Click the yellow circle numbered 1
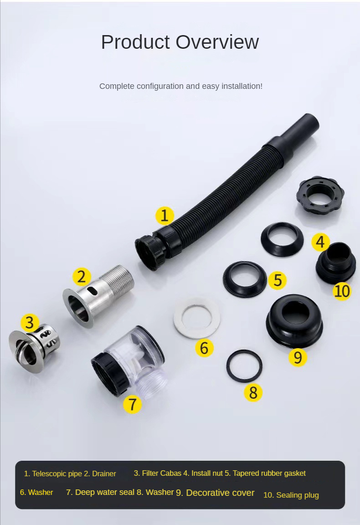coord(165,215)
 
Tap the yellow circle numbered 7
coord(133,404)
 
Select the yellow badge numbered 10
coord(342,290)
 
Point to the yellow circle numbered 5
coord(278,280)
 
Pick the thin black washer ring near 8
coord(244,366)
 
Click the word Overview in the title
coord(217,42)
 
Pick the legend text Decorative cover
coord(220,493)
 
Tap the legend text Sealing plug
coord(297,495)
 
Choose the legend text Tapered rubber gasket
coord(269,473)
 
